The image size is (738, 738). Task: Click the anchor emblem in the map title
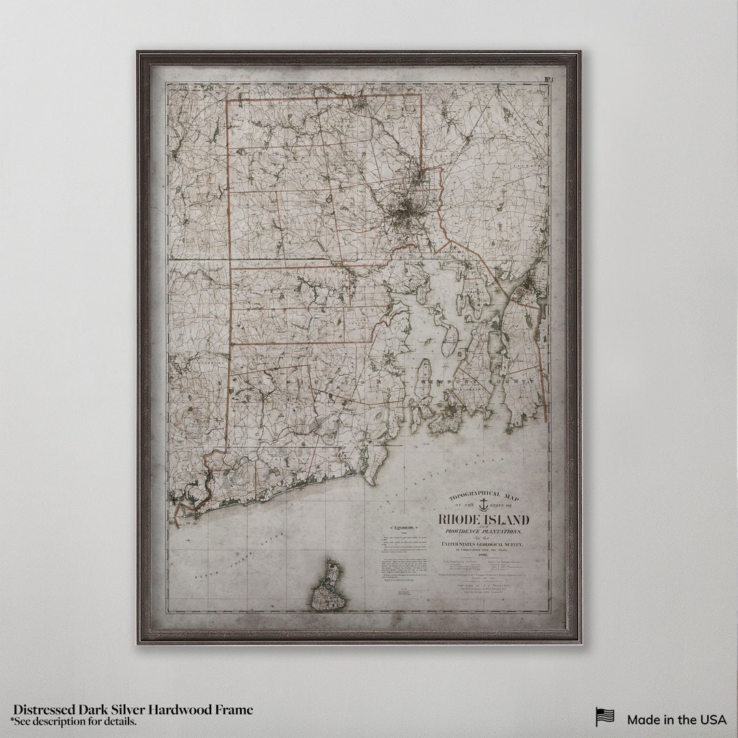[482, 505]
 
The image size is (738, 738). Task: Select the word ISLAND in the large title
[506, 520]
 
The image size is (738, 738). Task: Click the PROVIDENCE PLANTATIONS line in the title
[483, 532]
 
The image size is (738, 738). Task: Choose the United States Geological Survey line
[482, 544]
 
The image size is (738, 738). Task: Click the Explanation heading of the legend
[402, 528]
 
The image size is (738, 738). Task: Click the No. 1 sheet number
[549, 81]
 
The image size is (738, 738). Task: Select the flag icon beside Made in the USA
[605, 717]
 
